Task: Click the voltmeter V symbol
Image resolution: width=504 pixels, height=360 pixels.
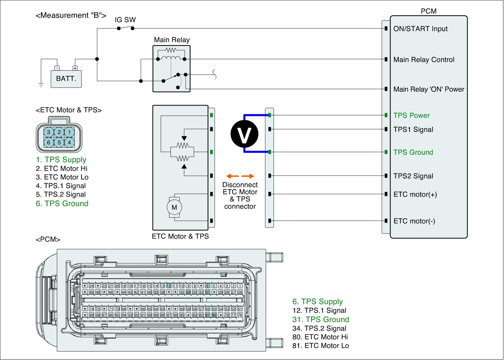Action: (x=244, y=134)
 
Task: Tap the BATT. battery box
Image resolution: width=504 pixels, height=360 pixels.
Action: (x=66, y=78)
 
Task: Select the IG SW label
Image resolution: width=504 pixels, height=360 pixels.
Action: (x=125, y=20)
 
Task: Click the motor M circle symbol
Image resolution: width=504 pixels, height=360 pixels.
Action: (x=174, y=207)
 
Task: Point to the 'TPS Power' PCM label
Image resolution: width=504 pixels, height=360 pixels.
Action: (x=411, y=116)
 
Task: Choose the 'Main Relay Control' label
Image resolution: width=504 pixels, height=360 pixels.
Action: (x=424, y=60)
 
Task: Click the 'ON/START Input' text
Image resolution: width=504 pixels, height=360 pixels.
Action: (x=420, y=29)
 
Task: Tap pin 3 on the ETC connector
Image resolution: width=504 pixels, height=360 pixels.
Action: (x=49, y=132)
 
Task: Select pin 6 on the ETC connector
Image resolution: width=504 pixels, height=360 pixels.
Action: (x=49, y=142)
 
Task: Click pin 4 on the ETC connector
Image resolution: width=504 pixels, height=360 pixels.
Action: (x=69, y=142)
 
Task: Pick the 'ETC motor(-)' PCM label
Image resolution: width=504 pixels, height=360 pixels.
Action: (x=414, y=221)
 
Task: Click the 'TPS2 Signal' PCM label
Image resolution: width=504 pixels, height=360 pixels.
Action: (x=413, y=176)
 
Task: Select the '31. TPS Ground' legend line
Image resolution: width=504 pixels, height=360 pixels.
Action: (x=321, y=319)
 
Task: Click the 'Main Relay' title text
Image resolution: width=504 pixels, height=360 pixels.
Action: (x=172, y=40)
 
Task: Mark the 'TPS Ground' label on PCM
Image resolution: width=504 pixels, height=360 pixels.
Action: (x=413, y=152)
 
